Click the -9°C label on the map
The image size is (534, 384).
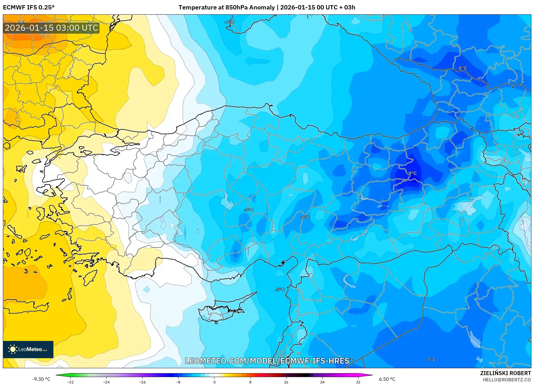412,173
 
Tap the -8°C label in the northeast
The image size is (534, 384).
462,68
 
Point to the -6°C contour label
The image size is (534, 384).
305,217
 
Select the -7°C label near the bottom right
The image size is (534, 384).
430,360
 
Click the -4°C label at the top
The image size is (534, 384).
229,22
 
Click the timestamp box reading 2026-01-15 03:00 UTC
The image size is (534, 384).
51,28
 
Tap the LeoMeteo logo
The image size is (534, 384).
28,349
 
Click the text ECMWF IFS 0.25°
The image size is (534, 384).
29,7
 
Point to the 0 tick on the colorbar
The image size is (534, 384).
214,382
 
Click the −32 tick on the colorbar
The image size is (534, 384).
70,382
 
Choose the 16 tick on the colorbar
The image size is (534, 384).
286,382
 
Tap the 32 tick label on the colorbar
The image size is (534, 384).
358,382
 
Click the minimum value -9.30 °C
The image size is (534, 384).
41,379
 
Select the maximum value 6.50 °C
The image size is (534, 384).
387,379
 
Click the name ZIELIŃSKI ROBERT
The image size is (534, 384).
505,373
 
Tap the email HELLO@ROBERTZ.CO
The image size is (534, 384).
507,380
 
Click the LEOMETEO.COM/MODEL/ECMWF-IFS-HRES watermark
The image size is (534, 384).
267,361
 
